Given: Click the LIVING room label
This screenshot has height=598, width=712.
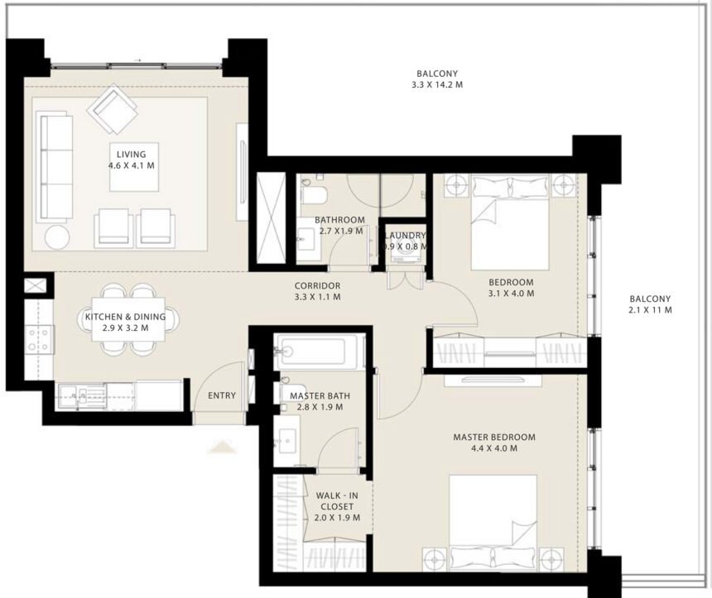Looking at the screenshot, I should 131,154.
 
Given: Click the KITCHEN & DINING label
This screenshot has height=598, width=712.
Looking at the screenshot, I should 125,317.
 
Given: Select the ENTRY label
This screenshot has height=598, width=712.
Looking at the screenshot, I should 222,395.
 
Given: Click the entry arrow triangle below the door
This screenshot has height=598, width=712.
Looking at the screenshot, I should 222,447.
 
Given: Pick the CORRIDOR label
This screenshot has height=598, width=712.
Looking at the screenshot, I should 317,285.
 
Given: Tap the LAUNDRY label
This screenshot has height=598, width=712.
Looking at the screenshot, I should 405,235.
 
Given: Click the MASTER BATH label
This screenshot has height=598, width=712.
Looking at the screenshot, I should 316,395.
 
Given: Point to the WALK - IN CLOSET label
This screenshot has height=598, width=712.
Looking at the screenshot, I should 334,501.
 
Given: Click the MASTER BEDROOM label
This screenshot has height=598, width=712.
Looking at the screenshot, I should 493,437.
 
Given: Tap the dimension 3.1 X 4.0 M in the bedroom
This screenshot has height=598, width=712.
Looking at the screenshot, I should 511,293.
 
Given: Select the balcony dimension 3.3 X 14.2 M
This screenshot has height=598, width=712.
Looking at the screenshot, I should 437,84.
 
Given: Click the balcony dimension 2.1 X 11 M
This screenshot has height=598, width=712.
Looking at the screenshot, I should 649,310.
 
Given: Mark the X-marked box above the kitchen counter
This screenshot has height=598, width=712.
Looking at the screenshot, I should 36,286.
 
